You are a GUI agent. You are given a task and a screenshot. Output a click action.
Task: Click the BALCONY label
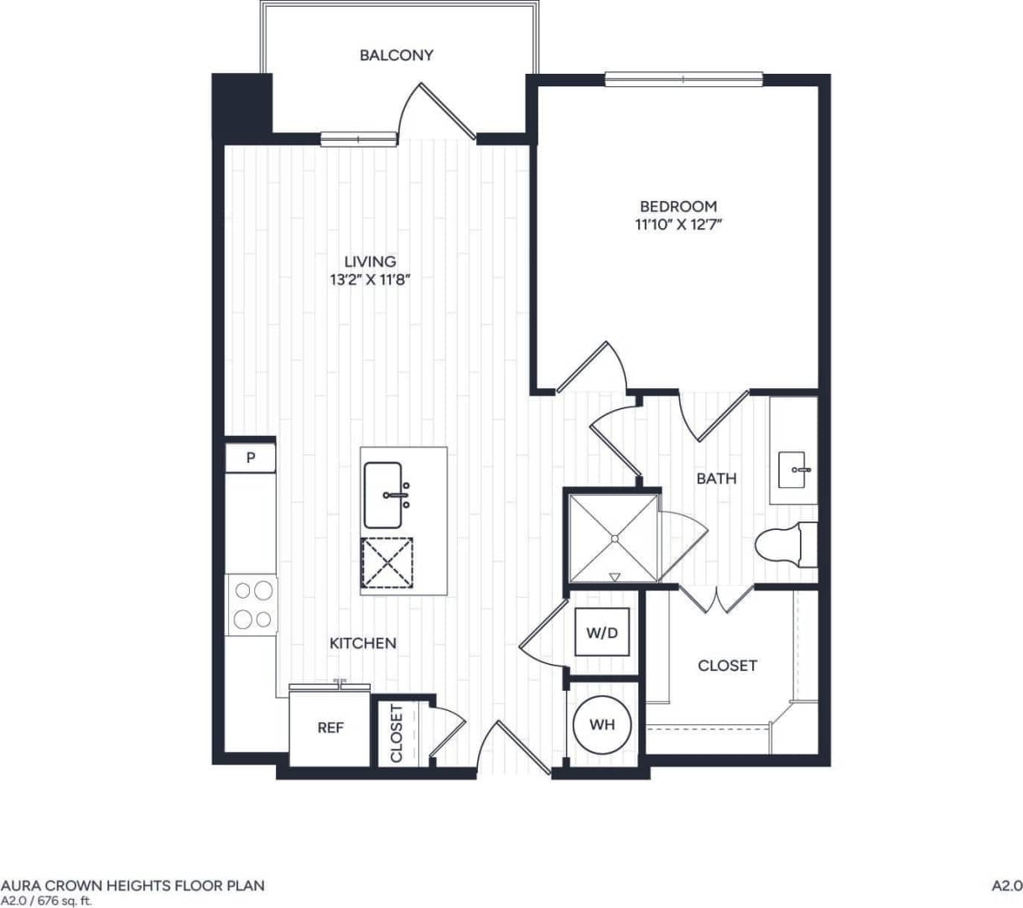pyautogui.click(x=397, y=55)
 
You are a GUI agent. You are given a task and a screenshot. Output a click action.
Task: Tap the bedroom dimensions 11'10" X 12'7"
pyautogui.click(x=678, y=225)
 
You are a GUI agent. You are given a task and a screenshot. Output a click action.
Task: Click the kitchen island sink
pyautogui.click(x=385, y=495)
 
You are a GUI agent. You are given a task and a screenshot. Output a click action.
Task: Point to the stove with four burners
pyautogui.click(x=252, y=604)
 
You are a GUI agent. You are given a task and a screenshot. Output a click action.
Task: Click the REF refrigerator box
pyautogui.click(x=330, y=728)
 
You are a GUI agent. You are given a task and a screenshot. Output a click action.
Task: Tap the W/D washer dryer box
pyautogui.click(x=601, y=633)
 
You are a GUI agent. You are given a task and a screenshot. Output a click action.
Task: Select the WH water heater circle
pyautogui.click(x=602, y=724)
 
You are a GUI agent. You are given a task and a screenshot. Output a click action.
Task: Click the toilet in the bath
pyautogui.click(x=784, y=546)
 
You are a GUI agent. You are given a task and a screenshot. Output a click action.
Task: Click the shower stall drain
pyautogui.click(x=614, y=537)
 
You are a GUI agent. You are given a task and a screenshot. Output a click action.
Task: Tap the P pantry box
pyautogui.click(x=250, y=459)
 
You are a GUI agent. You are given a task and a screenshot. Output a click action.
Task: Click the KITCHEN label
pyautogui.click(x=362, y=643)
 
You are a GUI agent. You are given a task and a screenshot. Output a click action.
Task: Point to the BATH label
pyautogui.click(x=717, y=479)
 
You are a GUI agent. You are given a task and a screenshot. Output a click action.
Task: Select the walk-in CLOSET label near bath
pyautogui.click(x=727, y=666)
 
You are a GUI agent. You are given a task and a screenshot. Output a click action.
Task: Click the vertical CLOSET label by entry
pyautogui.click(x=397, y=733)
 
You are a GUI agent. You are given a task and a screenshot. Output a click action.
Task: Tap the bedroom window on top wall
pyautogui.click(x=683, y=80)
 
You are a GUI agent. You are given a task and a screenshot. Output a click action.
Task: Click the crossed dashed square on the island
pyautogui.click(x=387, y=562)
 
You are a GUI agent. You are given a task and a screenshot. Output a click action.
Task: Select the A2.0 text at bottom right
pyautogui.click(x=1006, y=885)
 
